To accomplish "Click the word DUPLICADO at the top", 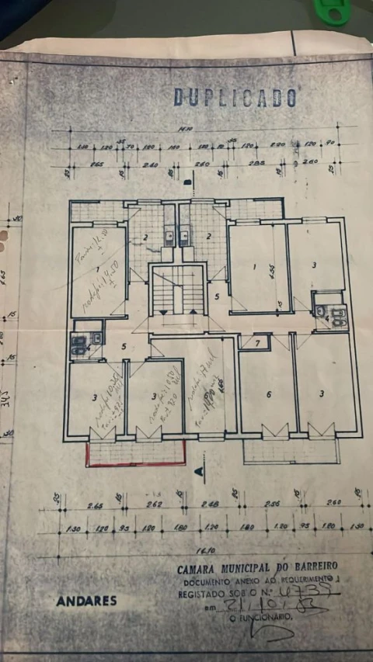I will coord(235,97).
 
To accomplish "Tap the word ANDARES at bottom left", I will coord(86,600).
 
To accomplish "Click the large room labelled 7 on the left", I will coord(99,271).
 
